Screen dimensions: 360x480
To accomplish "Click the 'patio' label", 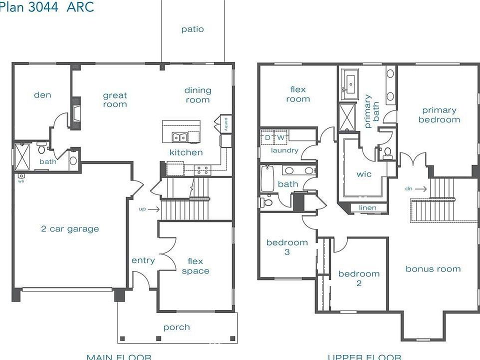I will pyautogui.click(x=192, y=29).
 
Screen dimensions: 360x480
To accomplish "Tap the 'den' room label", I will pyautogui.click(x=42, y=95).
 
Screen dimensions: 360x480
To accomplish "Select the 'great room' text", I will pyautogui.click(x=115, y=100).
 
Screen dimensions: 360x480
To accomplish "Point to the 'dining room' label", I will pyautogui.click(x=198, y=95).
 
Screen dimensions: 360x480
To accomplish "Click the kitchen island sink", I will pyautogui.click(x=179, y=137).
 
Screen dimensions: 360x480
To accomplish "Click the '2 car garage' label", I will pyautogui.click(x=70, y=229).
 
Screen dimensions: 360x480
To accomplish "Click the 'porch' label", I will pyautogui.click(x=176, y=327).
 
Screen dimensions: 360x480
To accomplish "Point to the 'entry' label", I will pyautogui.click(x=143, y=260).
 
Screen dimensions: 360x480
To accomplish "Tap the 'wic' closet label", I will pyautogui.click(x=363, y=174).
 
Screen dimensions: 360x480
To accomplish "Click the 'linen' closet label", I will pyautogui.click(x=367, y=208).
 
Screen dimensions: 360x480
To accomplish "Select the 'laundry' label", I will pyautogui.click(x=284, y=150).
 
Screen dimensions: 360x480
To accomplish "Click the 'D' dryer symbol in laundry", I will pyautogui.click(x=267, y=137).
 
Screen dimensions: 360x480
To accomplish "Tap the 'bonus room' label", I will pyautogui.click(x=433, y=269).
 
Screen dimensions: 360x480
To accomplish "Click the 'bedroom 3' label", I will pyautogui.click(x=287, y=247).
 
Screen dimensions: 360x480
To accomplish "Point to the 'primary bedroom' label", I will pyautogui.click(x=439, y=115).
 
